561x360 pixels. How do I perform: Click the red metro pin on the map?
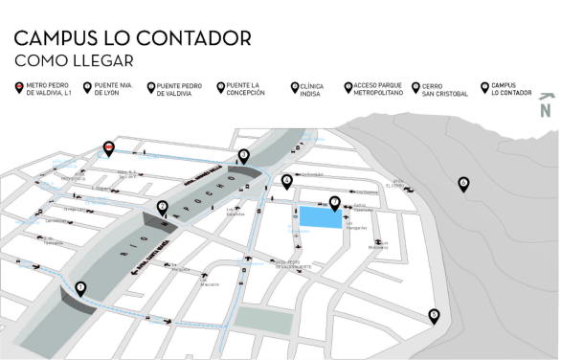click(109, 147)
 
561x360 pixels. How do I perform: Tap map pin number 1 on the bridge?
click(80, 286)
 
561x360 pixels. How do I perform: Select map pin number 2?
click(163, 206)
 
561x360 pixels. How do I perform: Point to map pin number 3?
click(244, 154)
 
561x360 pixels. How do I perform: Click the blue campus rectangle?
click(321, 218)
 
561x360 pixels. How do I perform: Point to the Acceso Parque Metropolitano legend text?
click(377, 90)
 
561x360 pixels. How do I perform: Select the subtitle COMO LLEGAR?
click(73, 60)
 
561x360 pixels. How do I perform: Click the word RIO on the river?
click(125, 252)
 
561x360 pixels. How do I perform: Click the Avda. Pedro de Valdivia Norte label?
click(295, 265)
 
